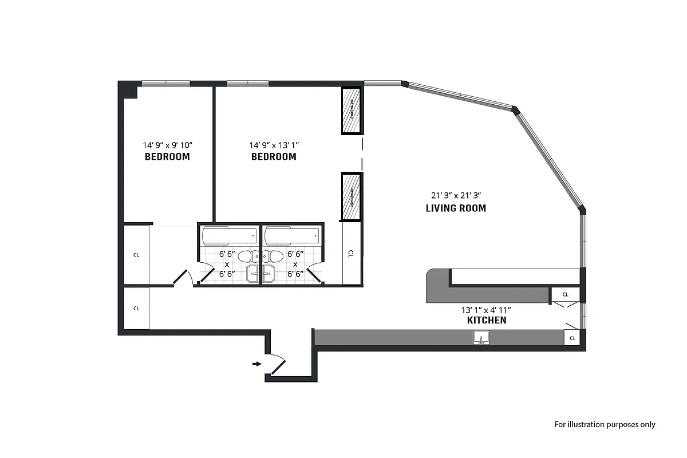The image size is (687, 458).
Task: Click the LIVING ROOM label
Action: click(x=456, y=208)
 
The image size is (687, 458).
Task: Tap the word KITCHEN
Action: click(x=487, y=320)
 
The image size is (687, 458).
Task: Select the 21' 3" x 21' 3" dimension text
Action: click(x=456, y=195)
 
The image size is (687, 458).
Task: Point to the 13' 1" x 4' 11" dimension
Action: click(x=487, y=309)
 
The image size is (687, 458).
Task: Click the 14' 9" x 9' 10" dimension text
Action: click(x=167, y=145)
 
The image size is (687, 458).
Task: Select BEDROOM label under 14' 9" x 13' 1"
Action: click(x=274, y=156)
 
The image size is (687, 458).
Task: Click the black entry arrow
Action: click(x=256, y=363)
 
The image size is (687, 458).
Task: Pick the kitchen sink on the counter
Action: click(x=482, y=338)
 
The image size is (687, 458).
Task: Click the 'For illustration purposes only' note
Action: click(x=605, y=424)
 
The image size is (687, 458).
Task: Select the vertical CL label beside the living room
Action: click(x=351, y=253)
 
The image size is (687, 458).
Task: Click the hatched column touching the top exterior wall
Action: click(x=351, y=110)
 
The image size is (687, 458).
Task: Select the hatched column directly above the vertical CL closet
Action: click(x=351, y=197)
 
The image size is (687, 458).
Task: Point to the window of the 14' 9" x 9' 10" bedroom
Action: click(x=165, y=84)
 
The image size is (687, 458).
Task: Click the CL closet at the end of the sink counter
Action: click(x=572, y=339)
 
